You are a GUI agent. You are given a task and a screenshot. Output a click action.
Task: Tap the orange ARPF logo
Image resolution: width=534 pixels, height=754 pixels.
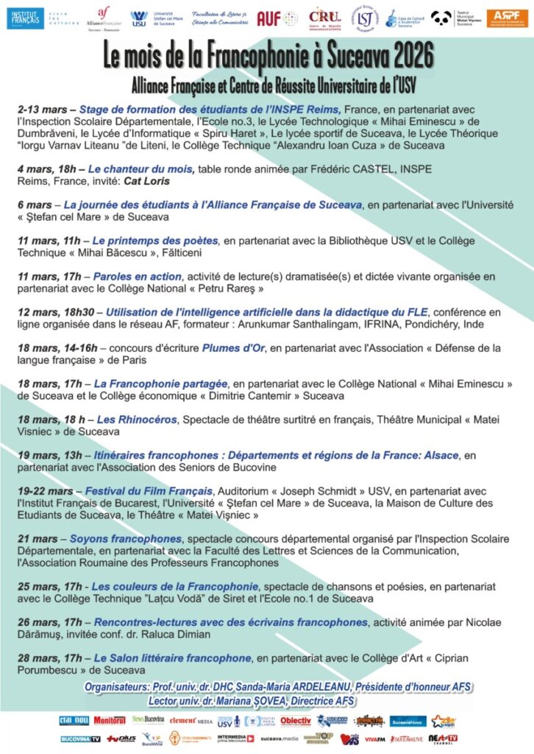pyautogui.click(x=507, y=18)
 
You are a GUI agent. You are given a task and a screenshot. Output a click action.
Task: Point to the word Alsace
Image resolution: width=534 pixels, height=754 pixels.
pyautogui.click(x=435, y=455)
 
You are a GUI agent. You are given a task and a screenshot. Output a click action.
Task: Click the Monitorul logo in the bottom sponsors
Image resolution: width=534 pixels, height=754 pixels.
pyautogui.click(x=110, y=720)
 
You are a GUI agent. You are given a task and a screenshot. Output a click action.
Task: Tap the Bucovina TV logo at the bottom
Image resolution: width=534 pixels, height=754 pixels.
pyautogui.click(x=80, y=739)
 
